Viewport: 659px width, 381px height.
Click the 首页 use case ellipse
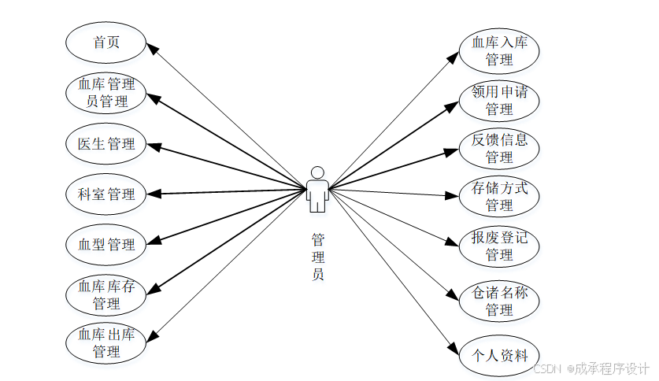(x=106, y=43)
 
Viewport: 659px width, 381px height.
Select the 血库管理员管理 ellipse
(x=106, y=92)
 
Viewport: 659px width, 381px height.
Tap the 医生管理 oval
(x=106, y=144)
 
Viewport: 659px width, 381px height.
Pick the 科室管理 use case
(x=106, y=194)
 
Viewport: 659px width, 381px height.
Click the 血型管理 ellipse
(x=106, y=244)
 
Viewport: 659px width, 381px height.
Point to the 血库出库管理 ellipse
(x=106, y=343)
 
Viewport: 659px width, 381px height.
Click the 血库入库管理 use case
(x=499, y=50)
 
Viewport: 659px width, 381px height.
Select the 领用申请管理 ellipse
(x=499, y=100)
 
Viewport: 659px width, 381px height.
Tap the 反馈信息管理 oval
(x=499, y=148)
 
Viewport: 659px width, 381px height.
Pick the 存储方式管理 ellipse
(x=499, y=197)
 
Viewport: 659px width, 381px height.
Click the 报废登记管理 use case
(x=499, y=246)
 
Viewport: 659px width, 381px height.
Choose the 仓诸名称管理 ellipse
(x=499, y=301)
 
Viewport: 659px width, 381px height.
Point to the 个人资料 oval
(x=499, y=353)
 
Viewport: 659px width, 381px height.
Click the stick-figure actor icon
(x=317, y=190)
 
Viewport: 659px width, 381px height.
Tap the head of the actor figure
(x=317, y=172)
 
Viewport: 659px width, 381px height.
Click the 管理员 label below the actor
(x=317, y=257)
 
